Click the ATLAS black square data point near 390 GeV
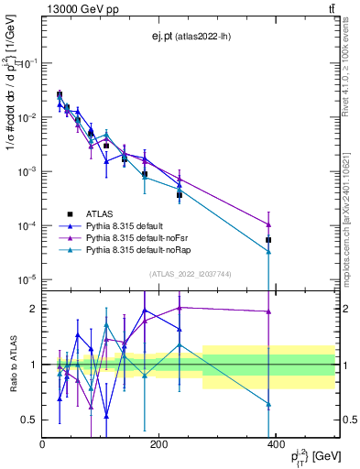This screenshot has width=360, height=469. coord(268,240)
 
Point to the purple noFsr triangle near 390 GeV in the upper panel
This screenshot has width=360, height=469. coord(268,224)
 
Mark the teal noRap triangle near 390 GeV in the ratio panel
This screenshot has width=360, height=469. coord(268,403)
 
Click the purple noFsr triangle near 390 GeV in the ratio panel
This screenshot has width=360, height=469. coord(268,311)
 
